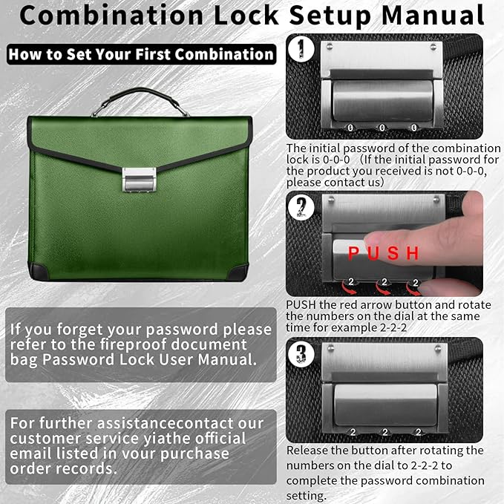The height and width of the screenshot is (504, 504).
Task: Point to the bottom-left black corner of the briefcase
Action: pos(39,272)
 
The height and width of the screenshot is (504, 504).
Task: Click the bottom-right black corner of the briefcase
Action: pos(239,272)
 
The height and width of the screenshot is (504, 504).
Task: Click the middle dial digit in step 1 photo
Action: pos(383,128)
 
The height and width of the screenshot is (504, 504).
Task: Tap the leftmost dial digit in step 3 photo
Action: pos(353,431)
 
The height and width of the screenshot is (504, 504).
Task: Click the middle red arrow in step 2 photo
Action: pos(383,282)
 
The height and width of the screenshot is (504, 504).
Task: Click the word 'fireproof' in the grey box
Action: pos(177,344)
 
